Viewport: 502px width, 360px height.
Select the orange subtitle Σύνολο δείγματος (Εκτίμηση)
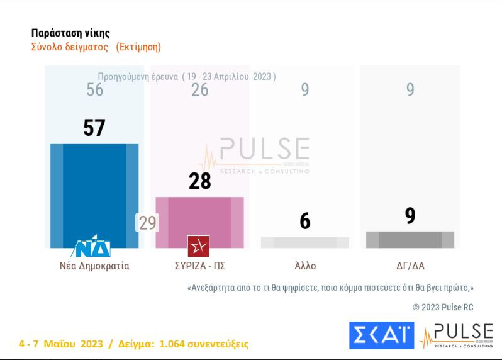(96, 47)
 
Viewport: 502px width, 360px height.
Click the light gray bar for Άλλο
(304, 242)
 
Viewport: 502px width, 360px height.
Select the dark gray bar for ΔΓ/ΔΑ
(410, 239)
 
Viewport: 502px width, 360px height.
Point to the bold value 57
(94, 128)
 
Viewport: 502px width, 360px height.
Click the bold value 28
(199, 181)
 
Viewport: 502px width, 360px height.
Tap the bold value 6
(304, 222)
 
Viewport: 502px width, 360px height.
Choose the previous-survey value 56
(94, 90)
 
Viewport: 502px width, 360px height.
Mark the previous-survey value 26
(199, 90)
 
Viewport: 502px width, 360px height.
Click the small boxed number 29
(147, 223)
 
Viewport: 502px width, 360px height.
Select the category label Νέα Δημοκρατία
(90, 266)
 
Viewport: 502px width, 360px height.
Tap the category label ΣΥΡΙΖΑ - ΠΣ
(199, 266)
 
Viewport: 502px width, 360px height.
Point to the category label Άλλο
(305, 266)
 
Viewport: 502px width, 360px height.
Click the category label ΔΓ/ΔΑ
(410, 266)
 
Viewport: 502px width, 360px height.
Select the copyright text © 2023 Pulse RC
(443, 307)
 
